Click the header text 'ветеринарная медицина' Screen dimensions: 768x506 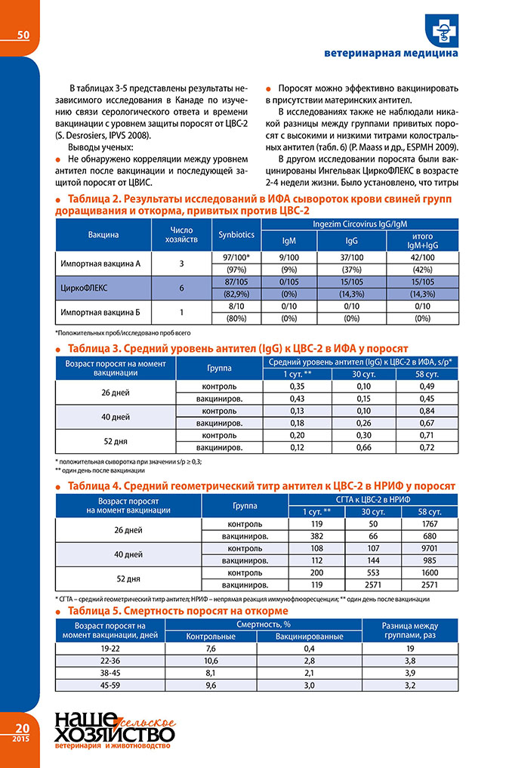coord(390,54)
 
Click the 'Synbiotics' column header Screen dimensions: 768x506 coord(236,235)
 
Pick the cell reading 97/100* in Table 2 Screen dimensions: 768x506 coord(236,258)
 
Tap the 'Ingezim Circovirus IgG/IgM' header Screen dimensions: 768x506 coord(361,224)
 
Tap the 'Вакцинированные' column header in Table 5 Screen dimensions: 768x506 coord(310,637)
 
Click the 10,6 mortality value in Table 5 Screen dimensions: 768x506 coord(211,661)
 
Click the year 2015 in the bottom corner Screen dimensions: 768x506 coord(20,738)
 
